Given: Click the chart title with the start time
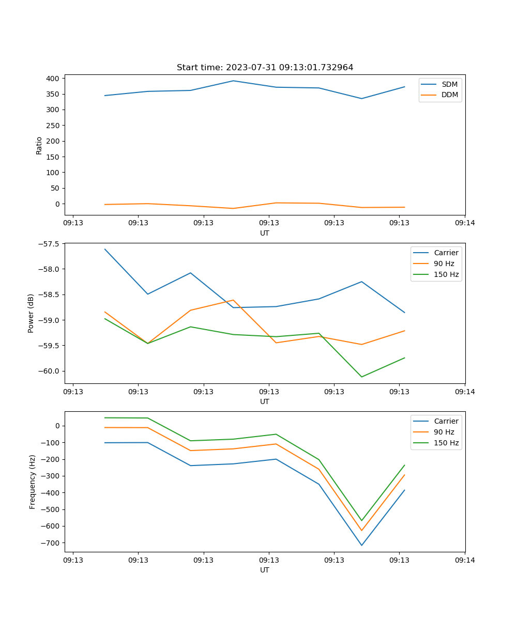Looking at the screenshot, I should point(265,68).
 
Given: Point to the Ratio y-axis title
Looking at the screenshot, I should point(39,145).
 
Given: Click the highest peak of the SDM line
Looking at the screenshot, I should point(233,81).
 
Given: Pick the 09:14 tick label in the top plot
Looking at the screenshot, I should point(464,223).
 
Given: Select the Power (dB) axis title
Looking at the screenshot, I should point(31,313).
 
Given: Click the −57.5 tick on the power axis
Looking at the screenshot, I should point(49,244).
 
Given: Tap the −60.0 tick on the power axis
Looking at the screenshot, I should point(49,371).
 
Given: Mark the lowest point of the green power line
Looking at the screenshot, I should point(361,377).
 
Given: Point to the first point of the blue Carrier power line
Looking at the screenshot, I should point(105,249).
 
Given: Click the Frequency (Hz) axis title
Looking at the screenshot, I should point(32,482).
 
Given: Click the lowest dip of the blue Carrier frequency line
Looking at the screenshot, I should point(361,545).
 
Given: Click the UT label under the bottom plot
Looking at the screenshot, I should point(265,570).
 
